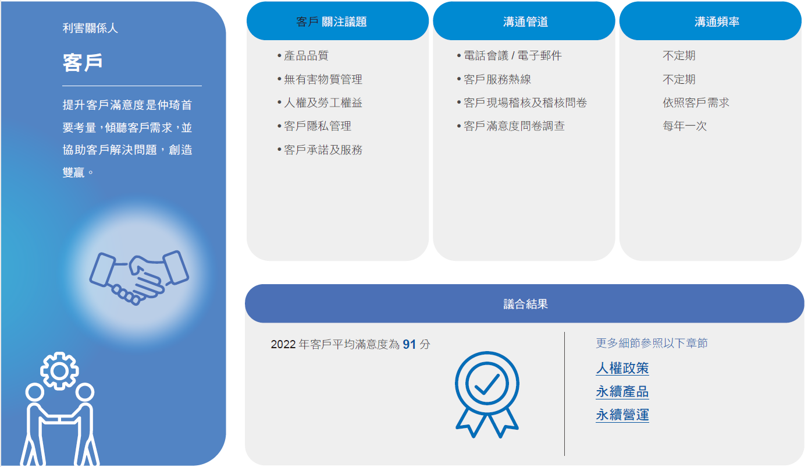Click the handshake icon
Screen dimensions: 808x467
139,277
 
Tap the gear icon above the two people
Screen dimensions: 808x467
59,371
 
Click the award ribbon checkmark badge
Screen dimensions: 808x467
487,394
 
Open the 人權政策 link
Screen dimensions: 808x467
622,368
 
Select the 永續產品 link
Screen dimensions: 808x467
622,391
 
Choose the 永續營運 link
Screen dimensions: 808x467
622,415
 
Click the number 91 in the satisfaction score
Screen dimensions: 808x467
410,344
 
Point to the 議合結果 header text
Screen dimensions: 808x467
525,304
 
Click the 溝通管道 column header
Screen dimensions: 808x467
525,22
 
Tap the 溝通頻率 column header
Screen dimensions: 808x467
717,22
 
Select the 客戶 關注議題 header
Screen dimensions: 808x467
332,22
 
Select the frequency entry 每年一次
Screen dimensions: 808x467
685,126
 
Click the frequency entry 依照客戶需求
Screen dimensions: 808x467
696,102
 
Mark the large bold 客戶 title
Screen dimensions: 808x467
83,62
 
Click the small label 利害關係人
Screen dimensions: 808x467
90,28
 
